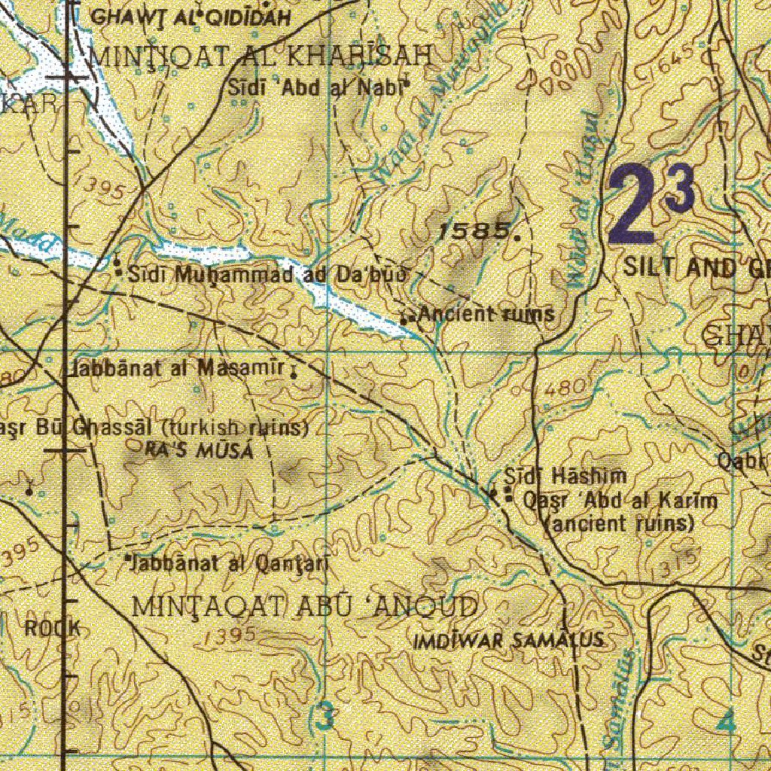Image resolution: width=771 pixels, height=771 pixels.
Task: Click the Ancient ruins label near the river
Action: (486, 314)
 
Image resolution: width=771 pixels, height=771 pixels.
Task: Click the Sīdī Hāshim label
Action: (565, 476)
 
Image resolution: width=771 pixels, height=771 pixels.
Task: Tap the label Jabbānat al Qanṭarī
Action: (227, 563)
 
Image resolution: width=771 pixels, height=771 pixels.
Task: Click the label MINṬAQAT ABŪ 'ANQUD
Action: (304, 606)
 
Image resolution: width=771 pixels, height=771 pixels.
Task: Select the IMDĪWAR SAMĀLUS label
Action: (510, 641)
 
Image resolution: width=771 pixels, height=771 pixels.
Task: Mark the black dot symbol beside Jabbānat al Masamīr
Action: (293, 371)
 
